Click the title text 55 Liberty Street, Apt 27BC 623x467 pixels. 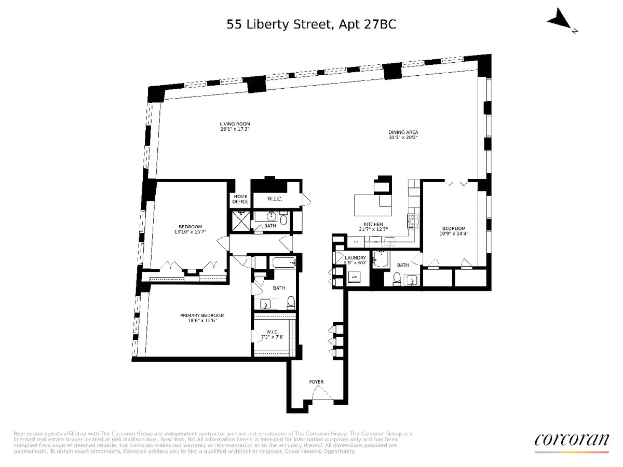[311, 24]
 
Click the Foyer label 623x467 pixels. [316, 382]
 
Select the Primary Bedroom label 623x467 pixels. [202, 315]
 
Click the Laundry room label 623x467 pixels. [356, 258]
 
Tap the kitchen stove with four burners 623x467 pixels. [413, 222]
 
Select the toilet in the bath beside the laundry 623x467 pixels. [397, 280]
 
